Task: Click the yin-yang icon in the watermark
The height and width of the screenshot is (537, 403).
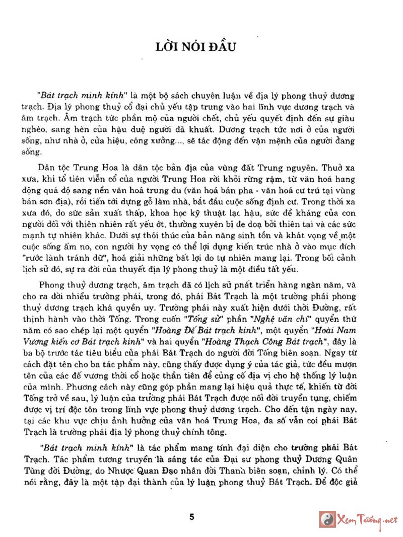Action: [328, 519]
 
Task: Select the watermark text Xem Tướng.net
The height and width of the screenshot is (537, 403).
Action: [366, 520]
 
